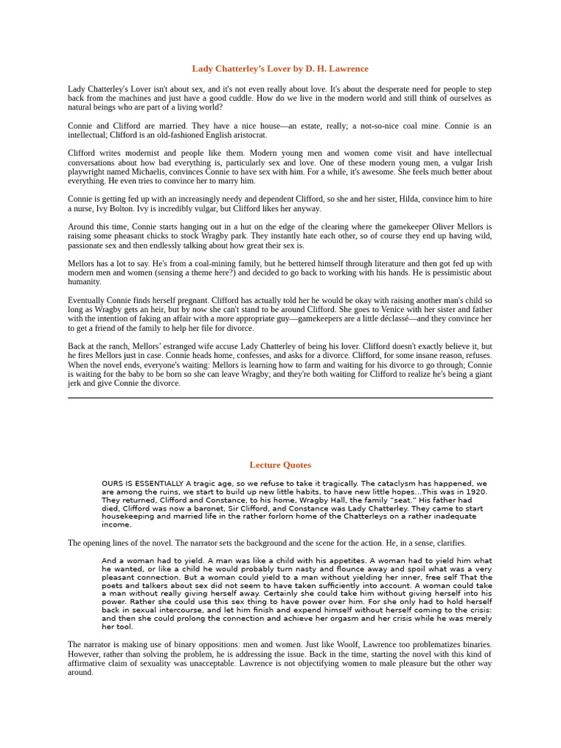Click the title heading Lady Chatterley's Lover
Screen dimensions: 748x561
pos(280,69)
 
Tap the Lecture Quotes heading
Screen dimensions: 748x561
pos(280,465)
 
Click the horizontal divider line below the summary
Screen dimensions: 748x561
pos(280,398)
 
